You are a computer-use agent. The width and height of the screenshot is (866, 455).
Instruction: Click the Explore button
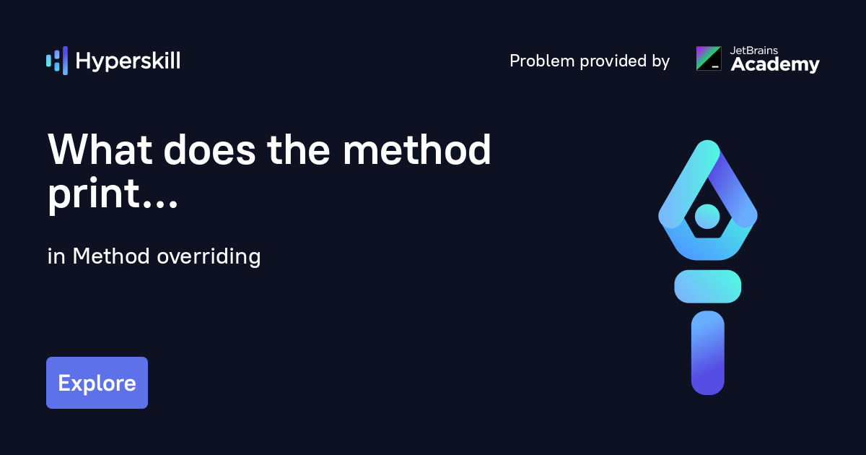pyautogui.click(x=97, y=383)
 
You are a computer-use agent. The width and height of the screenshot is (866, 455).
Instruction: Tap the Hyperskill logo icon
pyautogui.click(x=57, y=61)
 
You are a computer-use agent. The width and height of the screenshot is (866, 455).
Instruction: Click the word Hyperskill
pyautogui.click(x=128, y=61)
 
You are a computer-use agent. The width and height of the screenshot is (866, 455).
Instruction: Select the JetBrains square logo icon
pyautogui.click(x=709, y=58)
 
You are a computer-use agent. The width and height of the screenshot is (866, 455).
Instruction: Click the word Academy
pyautogui.click(x=775, y=65)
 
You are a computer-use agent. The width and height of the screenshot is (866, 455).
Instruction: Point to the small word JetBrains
pyautogui.click(x=755, y=51)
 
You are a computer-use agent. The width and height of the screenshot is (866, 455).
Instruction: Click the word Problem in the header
pyautogui.click(x=541, y=61)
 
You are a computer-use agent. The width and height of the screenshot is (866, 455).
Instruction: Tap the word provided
pyautogui.click(x=611, y=61)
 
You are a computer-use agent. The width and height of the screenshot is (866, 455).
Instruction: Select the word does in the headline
pyautogui.click(x=211, y=151)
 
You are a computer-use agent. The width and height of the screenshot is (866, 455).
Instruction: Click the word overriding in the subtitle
pyautogui.click(x=208, y=256)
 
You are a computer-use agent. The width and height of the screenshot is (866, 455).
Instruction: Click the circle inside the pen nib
pyautogui.click(x=707, y=215)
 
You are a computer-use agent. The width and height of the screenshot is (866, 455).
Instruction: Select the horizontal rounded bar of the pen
pyautogui.click(x=708, y=286)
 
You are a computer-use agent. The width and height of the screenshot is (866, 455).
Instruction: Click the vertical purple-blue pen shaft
pyautogui.click(x=707, y=353)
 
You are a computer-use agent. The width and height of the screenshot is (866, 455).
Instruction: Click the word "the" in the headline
pyautogui.click(x=297, y=151)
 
